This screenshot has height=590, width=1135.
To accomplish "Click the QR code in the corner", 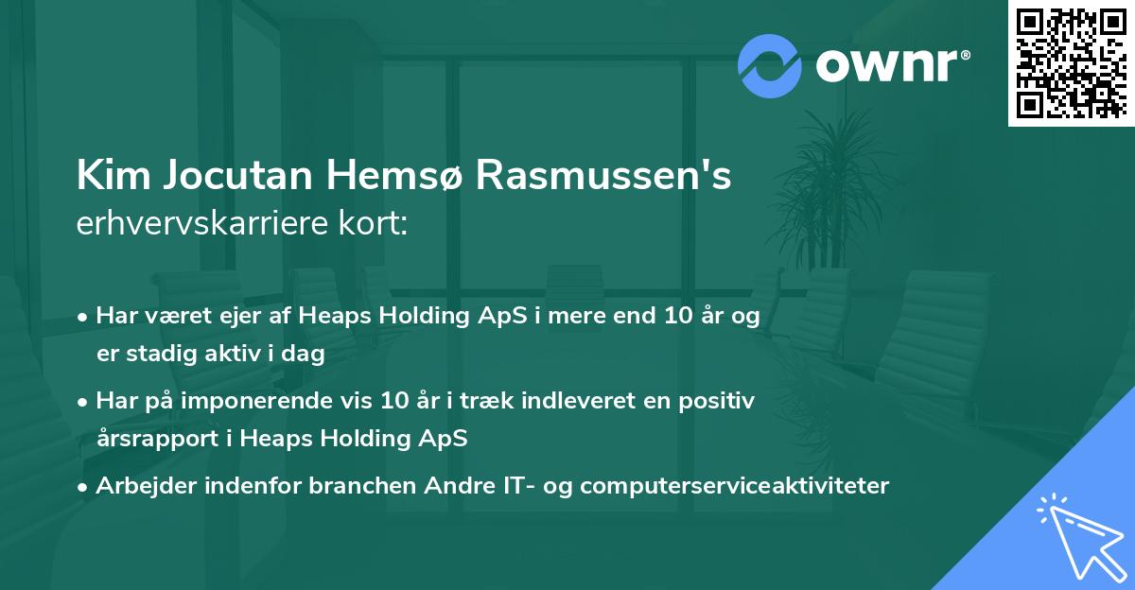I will (x=1071, y=63).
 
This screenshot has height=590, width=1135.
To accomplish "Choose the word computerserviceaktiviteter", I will (x=734, y=486).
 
